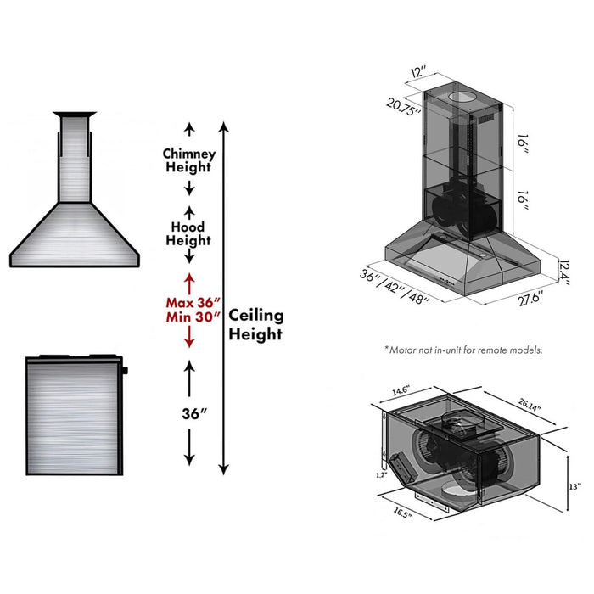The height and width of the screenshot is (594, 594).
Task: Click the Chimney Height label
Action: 189,160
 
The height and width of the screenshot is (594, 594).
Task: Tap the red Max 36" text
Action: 193,302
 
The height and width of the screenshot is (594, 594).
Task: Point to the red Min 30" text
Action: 193,317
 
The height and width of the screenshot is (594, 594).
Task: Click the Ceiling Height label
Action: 255,325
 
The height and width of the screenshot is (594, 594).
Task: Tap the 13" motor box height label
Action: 574,486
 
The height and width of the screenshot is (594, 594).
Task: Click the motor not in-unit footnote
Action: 462,350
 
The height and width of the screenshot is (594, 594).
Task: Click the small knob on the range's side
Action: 125,371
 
